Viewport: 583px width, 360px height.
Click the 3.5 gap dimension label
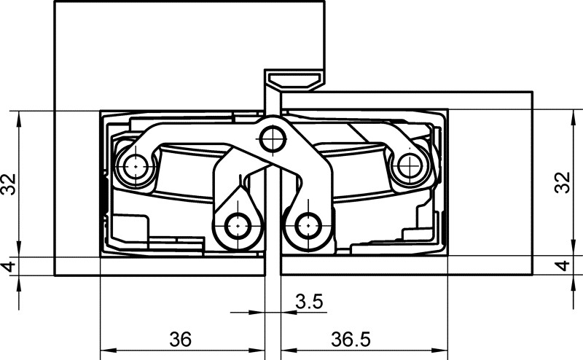[309, 301]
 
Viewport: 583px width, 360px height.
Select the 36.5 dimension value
[351, 339]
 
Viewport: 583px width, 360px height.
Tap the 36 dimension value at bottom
[181, 339]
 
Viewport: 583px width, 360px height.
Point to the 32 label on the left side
[9, 184]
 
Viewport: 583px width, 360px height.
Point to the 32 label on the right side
[562, 182]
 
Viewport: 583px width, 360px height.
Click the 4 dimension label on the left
[9, 266]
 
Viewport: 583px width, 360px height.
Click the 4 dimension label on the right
[562, 265]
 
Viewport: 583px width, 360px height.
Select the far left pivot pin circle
[136, 167]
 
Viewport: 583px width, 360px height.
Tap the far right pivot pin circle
[410, 166]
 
